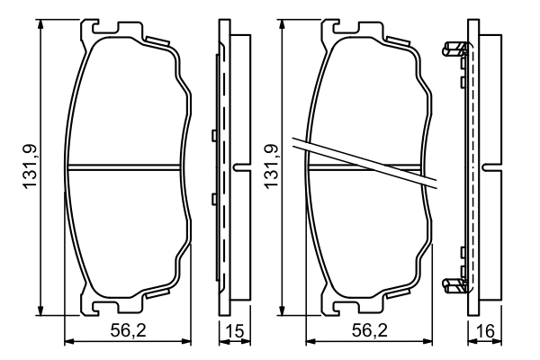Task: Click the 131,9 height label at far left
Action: tap(29, 167)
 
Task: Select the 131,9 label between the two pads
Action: tap(270, 167)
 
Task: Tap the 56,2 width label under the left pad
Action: tap(129, 331)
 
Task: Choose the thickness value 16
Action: tap(484, 331)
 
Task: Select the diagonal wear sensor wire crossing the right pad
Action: tap(369, 161)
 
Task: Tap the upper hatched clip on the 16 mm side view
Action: tap(455, 49)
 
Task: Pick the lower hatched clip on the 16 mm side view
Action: tap(455, 285)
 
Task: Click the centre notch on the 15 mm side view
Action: tap(238, 166)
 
